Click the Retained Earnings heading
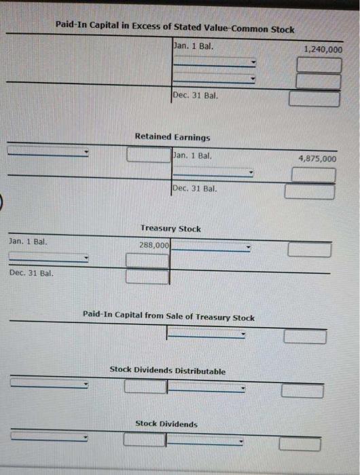coord(173,137)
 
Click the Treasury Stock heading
coord(170,228)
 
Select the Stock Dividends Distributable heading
coord(167,370)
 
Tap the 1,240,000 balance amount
coord(323,50)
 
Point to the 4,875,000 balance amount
coord(317,158)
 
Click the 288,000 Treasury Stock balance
coord(154,245)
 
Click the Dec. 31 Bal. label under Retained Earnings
coord(194,189)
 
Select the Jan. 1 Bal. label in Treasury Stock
coord(28,242)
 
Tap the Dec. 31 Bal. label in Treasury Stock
coord(31,273)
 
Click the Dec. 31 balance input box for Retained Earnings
coord(309,192)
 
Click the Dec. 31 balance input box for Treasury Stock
coord(147,277)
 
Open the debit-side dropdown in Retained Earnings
coord(48,151)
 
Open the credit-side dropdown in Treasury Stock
coord(211,246)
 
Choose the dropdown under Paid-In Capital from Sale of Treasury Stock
coord(206,333)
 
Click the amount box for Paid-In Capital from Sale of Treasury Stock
coord(305,337)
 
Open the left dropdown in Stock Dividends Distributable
coord(49,383)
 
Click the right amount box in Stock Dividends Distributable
coord(302,391)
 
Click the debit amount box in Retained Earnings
coord(149,155)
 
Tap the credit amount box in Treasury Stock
coord(309,250)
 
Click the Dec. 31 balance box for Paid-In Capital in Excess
coord(314,99)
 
